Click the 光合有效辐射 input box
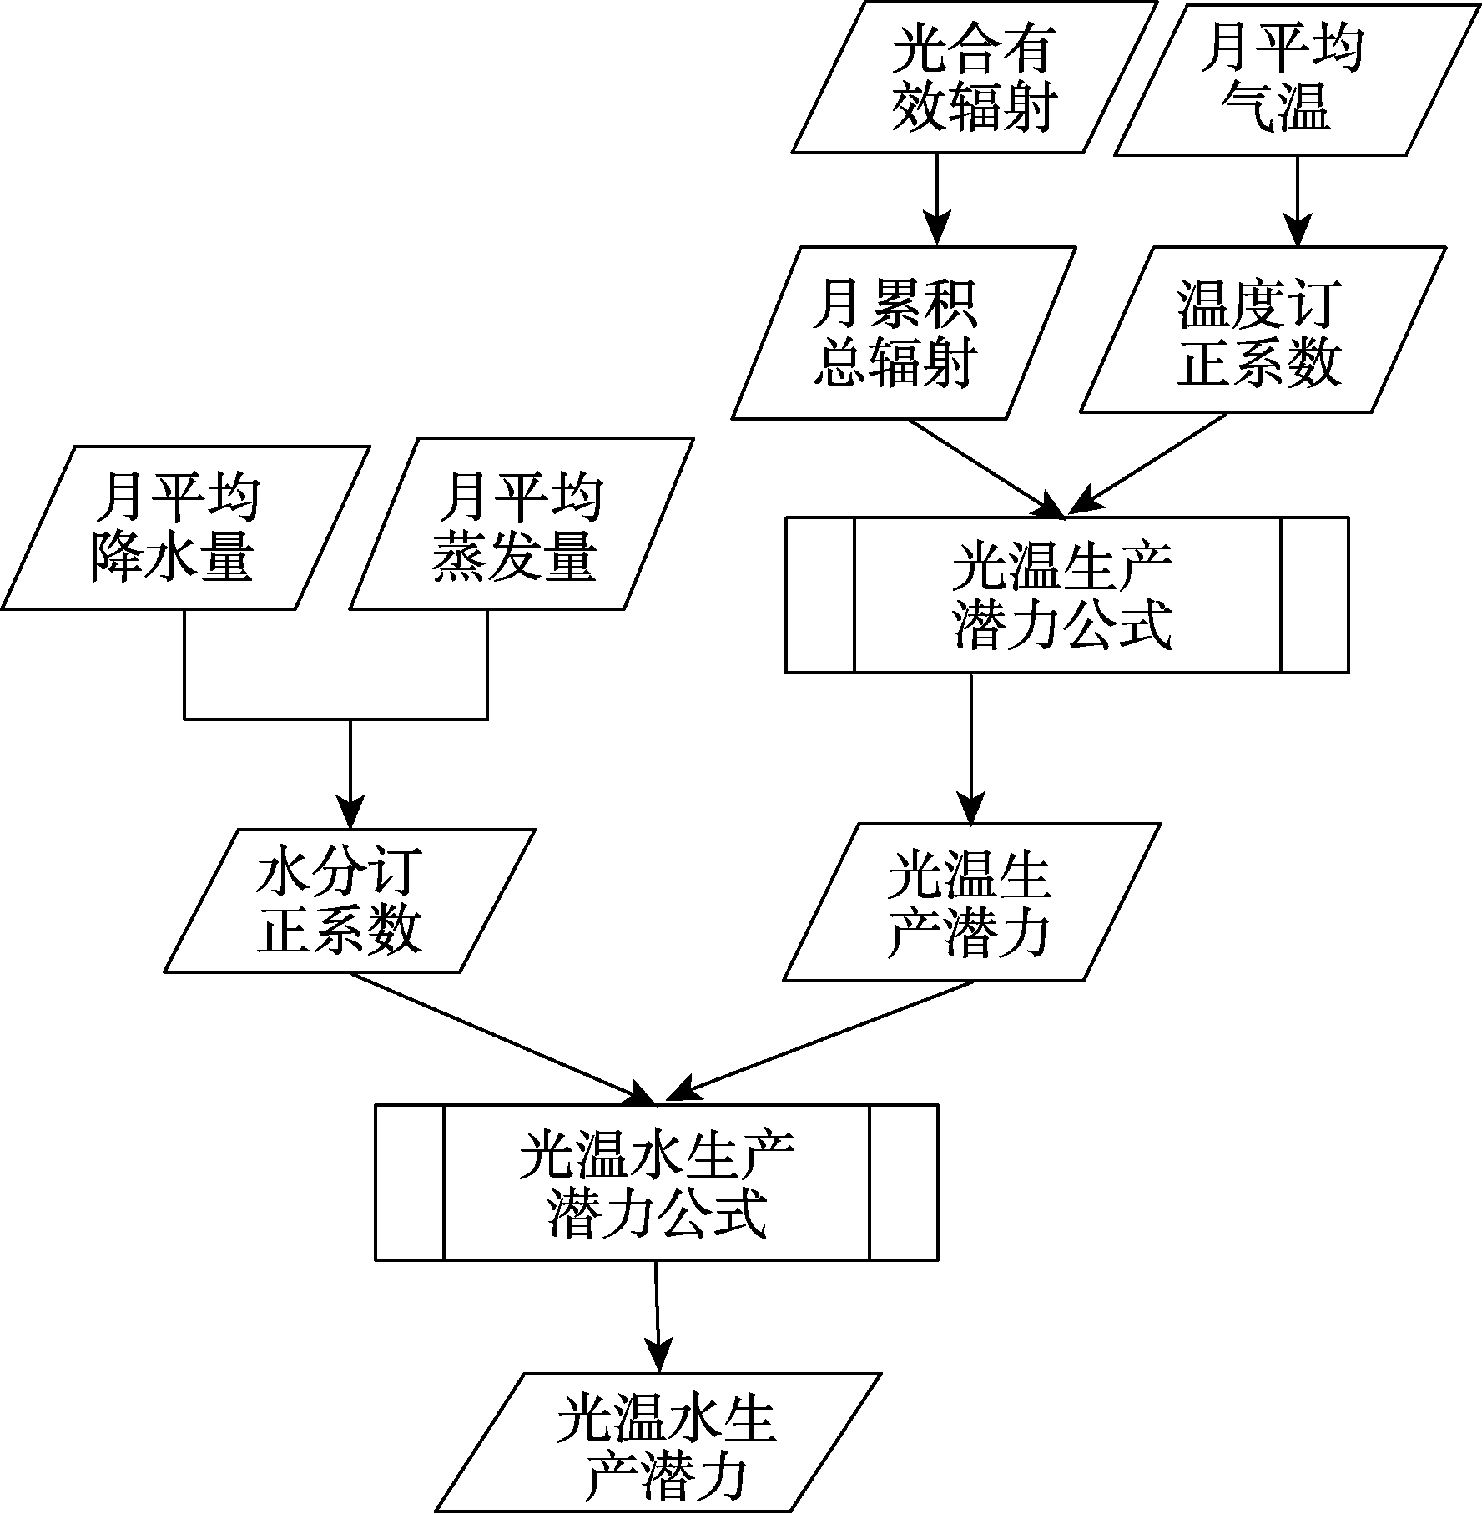(974, 77)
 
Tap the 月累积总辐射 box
(904, 332)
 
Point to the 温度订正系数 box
(1263, 330)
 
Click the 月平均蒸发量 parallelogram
(522, 524)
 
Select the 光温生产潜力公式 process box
(1066, 595)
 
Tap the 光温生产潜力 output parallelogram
(971, 902)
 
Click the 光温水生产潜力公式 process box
(657, 1183)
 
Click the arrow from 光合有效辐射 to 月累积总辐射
(937, 199)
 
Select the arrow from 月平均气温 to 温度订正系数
(1297, 200)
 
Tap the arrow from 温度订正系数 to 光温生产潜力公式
(1147, 465)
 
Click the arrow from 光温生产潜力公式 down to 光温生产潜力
(971, 749)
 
